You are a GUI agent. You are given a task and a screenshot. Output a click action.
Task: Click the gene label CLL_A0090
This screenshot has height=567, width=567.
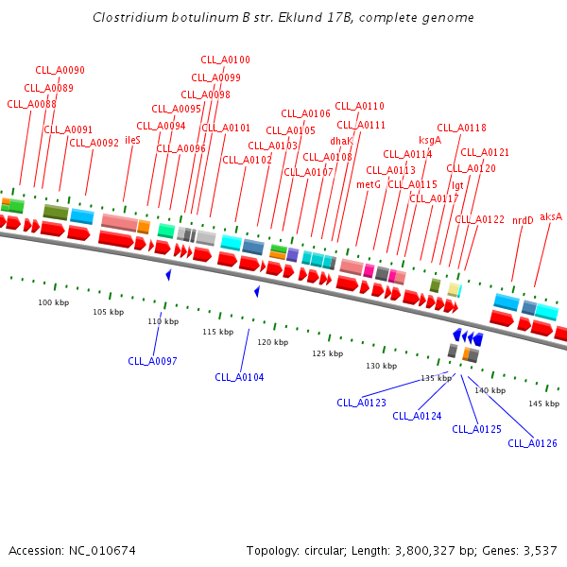tap(60, 70)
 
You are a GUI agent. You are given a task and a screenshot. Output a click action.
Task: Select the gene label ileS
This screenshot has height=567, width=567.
tap(132, 140)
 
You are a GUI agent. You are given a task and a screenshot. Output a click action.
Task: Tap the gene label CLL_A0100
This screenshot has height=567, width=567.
tap(225, 60)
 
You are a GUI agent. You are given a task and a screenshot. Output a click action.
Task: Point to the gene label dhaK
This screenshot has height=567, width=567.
tap(341, 141)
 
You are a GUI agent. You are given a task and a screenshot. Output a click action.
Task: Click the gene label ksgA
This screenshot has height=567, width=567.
tap(430, 140)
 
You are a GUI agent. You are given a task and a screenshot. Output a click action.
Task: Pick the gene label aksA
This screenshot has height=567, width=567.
tap(551, 216)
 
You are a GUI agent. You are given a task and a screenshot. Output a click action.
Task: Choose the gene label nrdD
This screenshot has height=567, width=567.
tap(523, 220)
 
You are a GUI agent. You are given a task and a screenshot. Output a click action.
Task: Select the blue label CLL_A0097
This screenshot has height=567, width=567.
tap(153, 361)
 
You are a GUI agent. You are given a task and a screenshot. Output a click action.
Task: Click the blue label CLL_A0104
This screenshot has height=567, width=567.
tap(239, 377)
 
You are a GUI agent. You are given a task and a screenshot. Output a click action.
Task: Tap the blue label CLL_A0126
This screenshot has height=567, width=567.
tap(533, 443)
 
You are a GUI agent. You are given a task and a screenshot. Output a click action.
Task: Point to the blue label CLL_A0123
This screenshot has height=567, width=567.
tap(362, 403)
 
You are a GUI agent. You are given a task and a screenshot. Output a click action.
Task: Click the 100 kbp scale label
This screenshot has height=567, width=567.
tap(54, 303)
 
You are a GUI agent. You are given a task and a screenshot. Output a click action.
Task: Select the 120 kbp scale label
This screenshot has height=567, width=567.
tap(272, 342)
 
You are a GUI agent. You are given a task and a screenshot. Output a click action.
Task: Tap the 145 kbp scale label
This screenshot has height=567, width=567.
tap(543, 404)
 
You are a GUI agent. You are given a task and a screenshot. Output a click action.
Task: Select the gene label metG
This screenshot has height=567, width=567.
tap(369, 184)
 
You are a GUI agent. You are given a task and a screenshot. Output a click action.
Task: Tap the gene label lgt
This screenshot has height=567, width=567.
tap(457, 185)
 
